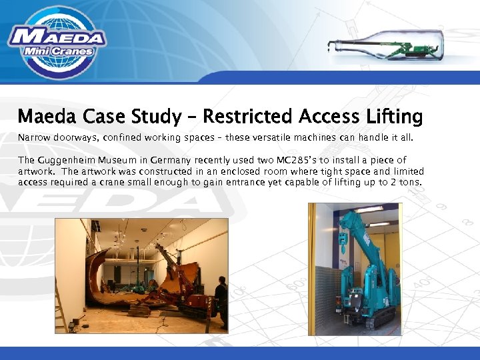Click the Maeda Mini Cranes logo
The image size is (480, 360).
57,41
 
